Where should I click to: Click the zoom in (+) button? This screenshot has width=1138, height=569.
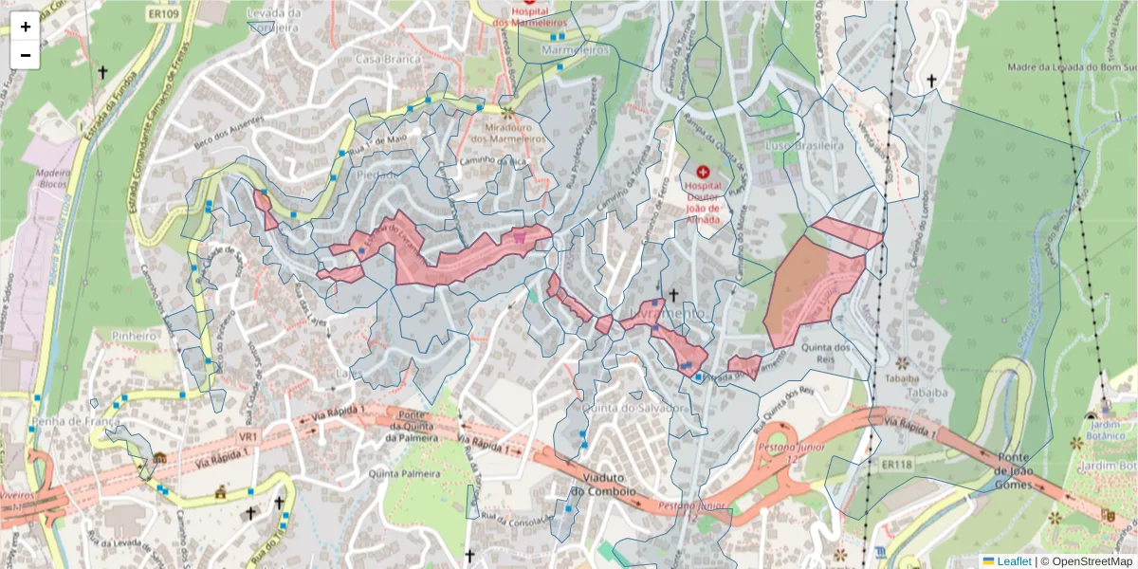(26, 27)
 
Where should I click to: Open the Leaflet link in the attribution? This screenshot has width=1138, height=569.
(1014, 561)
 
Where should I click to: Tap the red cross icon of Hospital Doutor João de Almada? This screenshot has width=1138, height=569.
(703, 172)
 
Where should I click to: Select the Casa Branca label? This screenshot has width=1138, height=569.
(380, 59)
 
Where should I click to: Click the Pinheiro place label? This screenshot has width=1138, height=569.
(133, 336)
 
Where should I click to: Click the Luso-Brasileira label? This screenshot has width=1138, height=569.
(804, 146)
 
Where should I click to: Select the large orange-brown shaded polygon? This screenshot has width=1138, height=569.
(806, 289)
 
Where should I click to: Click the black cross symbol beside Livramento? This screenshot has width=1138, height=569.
(673, 295)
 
